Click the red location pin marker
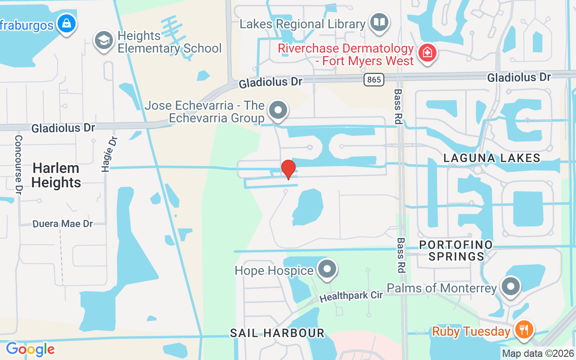click(x=288, y=169)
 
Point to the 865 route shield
click(x=373, y=80)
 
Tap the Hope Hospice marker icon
click(x=327, y=270)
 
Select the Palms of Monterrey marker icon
click(x=510, y=287)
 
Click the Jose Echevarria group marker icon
click(x=278, y=110)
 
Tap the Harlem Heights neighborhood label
click(x=56, y=175)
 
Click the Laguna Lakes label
click(x=492, y=158)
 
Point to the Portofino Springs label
click(x=456, y=251)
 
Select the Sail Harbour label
click(x=277, y=333)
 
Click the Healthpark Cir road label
click(x=351, y=297)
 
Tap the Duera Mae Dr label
click(x=63, y=224)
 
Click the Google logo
click(x=30, y=349)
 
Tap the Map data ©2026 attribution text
click(x=538, y=353)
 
